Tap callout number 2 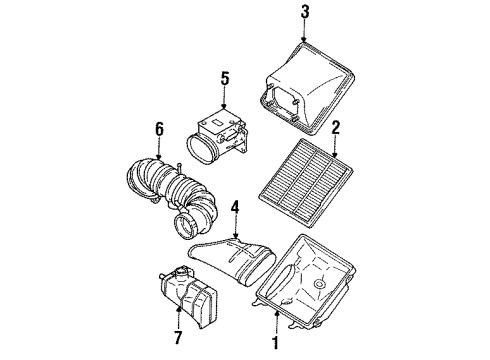[x=337, y=128]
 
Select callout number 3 [x=306, y=12]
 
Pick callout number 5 [x=224, y=77]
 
